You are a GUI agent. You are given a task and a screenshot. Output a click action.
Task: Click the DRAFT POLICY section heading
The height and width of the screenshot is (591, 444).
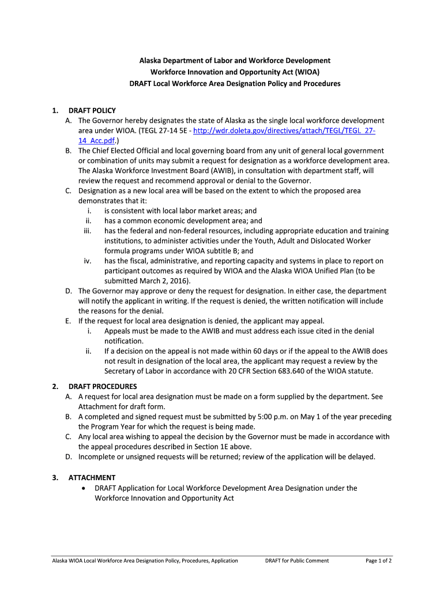click(92, 110)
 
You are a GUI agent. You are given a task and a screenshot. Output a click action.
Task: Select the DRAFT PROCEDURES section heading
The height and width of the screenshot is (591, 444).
click(103, 386)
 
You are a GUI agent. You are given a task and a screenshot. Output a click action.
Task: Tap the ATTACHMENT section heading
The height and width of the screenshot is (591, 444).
click(92, 477)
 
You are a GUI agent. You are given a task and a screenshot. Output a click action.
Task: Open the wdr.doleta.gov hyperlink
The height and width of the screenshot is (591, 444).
click(285, 131)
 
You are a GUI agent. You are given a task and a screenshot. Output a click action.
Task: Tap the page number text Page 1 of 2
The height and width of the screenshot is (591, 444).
click(379, 560)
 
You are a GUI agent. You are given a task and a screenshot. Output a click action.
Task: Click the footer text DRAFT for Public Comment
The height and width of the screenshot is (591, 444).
click(296, 560)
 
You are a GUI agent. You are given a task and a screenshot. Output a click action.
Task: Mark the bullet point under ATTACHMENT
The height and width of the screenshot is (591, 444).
click(86, 488)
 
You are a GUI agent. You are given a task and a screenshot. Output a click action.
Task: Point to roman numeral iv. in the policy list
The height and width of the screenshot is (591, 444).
click(88, 261)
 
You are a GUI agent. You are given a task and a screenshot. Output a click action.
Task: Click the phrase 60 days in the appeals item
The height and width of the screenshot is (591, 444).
click(267, 350)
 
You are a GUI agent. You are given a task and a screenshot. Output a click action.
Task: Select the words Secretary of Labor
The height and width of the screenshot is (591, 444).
click(131, 371)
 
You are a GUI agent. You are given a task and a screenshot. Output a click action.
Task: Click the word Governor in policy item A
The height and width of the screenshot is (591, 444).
click(111, 121)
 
